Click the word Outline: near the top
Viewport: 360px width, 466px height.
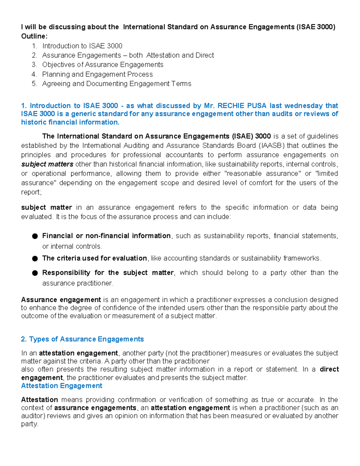point(34,36)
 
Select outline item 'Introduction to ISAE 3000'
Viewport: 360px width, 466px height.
point(82,46)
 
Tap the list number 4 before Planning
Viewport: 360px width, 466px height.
point(34,74)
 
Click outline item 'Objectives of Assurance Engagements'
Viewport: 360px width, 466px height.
point(103,65)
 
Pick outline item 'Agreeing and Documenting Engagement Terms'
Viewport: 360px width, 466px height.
point(116,84)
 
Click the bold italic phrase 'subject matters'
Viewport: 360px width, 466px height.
point(47,164)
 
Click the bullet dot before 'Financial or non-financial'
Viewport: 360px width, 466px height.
point(35,236)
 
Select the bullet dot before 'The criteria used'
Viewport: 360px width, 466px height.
point(35,258)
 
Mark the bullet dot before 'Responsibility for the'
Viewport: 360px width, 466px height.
point(35,273)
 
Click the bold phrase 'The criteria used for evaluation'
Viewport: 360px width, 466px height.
point(94,258)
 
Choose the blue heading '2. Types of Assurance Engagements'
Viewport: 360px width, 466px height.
point(82,339)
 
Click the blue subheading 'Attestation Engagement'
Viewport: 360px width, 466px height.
point(61,386)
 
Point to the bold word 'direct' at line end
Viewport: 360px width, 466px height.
point(329,369)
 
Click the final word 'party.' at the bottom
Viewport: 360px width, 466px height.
point(30,424)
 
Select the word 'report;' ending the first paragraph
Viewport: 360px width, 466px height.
point(31,192)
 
